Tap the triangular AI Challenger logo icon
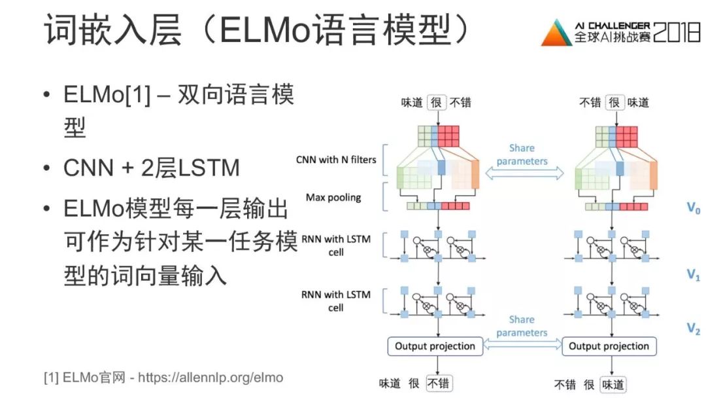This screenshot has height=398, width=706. pos(555,33)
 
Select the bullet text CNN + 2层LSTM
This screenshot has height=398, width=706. pos(151,168)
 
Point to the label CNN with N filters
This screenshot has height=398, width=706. pos(336,159)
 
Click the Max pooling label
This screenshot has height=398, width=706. pos(333,197)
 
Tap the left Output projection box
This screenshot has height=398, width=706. pos(435,346)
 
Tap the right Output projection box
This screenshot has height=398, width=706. pos(609,346)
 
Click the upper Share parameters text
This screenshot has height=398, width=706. pos(522,154)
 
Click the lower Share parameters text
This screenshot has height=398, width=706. pos(522,326)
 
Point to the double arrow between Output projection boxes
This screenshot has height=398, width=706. pos(522,346)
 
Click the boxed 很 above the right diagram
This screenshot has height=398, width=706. pos(613,103)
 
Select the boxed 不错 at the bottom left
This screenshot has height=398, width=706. pos(439,384)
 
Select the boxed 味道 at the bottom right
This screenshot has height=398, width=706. pos(613,384)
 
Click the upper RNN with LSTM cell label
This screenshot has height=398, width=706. pos(336,245)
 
